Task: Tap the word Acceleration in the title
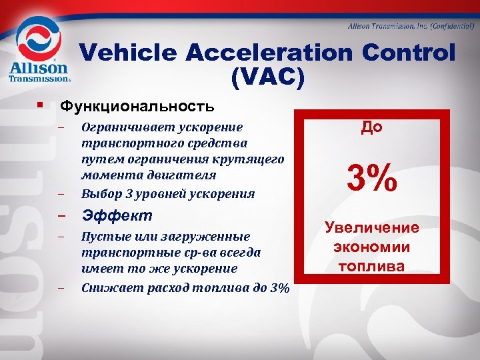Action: pyautogui.click(x=269, y=53)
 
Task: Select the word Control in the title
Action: pyautogui.click(x=409, y=53)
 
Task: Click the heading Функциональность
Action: pyautogui.click(x=137, y=106)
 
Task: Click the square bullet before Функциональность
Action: pyautogui.click(x=41, y=105)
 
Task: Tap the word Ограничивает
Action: pyautogui.click(x=123, y=127)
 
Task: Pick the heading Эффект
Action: pyautogui.click(x=117, y=216)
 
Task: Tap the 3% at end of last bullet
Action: pyautogui.click(x=280, y=288)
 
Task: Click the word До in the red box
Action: pyautogui.click(x=371, y=127)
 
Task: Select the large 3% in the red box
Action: pyautogui.click(x=371, y=178)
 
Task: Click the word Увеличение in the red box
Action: pyautogui.click(x=372, y=228)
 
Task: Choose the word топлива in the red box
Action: pyautogui.click(x=372, y=267)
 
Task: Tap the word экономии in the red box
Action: pyautogui.click(x=372, y=247)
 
